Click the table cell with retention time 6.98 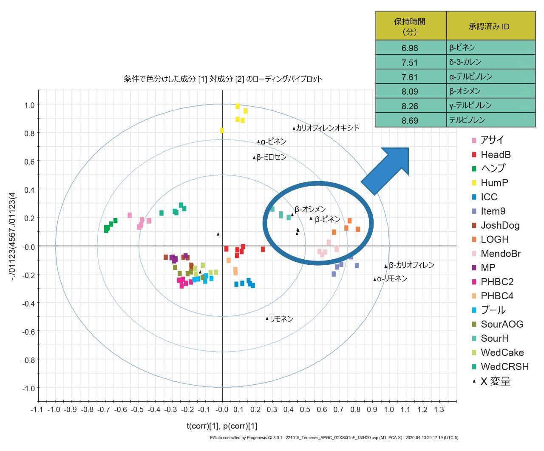click(410, 48)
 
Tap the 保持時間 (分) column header click(410, 26)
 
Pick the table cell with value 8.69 click(410, 120)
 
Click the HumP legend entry click(494, 183)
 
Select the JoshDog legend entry click(500, 225)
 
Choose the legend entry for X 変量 click(495, 381)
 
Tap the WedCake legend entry click(502, 352)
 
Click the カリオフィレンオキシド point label click(327, 128)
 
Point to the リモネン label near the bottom click(281, 319)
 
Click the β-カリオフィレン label click(411, 265)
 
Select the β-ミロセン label click(271, 157)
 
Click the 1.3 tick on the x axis click(439, 409)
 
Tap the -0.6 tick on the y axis click(29, 331)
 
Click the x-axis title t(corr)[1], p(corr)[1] click(222, 426)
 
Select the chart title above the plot click(223, 79)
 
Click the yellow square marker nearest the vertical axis click(222, 130)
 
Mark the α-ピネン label click(273, 142)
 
